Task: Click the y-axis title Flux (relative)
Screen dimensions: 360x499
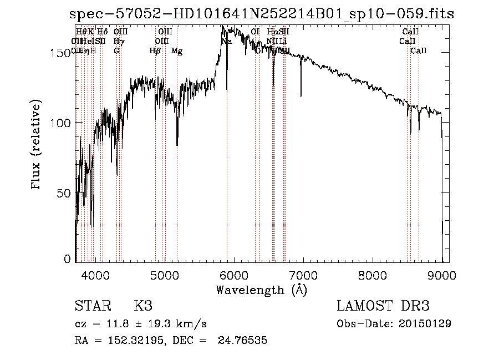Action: coord(37,145)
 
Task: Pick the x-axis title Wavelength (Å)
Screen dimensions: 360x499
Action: coord(261,290)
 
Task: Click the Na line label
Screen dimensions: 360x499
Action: coord(226,42)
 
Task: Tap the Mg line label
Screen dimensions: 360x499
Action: coord(177,51)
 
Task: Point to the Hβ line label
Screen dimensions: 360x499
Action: coord(155,51)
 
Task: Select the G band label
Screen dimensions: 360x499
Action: coord(116,51)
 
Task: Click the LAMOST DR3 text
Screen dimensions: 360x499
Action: coord(383,306)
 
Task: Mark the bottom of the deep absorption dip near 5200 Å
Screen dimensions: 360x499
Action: coord(177,145)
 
